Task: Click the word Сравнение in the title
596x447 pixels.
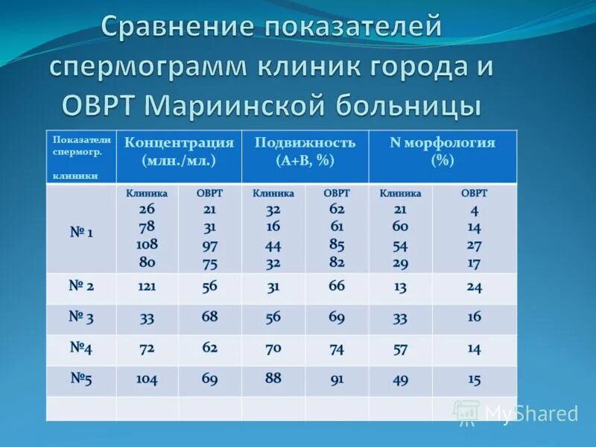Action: click(x=176, y=28)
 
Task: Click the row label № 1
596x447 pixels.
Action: click(x=81, y=232)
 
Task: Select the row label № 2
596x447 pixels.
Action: click(x=81, y=286)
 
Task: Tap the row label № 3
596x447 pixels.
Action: click(x=81, y=317)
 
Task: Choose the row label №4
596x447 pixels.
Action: click(x=81, y=348)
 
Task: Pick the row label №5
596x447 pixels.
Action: click(x=81, y=378)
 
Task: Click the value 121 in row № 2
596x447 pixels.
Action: click(x=147, y=287)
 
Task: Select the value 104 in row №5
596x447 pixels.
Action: click(x=147, y=379)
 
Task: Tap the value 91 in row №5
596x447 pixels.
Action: click(x=337, y=379)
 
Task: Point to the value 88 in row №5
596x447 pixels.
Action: click(x=273, y=378)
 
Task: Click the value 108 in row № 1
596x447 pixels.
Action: click(x=147, y=244)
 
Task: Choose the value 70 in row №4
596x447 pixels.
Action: click(x=273, y=348)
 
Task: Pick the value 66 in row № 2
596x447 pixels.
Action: click(x=337, y=286)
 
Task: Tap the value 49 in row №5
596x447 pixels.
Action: click(x=401, y=379)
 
